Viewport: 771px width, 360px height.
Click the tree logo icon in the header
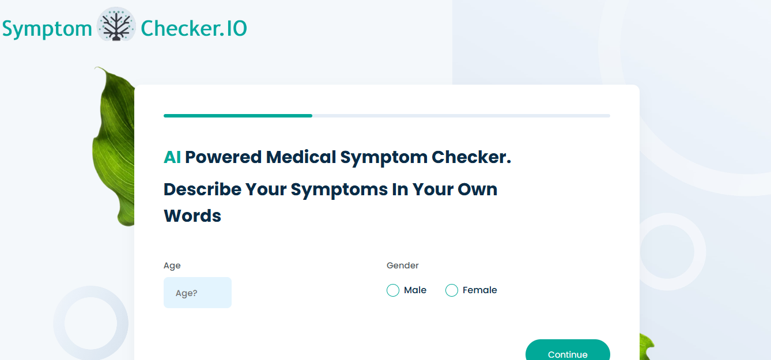pos(116,24)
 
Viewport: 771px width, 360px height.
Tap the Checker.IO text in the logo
pos(194,28)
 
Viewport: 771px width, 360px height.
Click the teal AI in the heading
pos(172,157)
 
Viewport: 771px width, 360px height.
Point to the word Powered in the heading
pos(224,157)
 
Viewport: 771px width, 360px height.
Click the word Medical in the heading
pos(301,157)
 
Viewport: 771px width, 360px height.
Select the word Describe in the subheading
pos(202,190)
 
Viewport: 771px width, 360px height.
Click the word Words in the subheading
pos(192,216)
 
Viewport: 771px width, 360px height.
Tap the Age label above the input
pos(172,266)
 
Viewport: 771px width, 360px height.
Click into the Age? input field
pos(198,293)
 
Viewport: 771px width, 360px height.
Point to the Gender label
pos(402,266)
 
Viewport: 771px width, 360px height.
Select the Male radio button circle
pos(393,290)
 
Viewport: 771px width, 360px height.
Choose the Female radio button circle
pos(452,290)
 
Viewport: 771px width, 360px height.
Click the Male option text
pos(415,290)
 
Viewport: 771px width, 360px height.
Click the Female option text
pos(480,290)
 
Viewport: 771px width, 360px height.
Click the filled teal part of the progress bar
pos(238,116)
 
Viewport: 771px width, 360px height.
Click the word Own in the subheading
pos(477,190)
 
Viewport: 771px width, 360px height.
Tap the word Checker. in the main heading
pos(471,157)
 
